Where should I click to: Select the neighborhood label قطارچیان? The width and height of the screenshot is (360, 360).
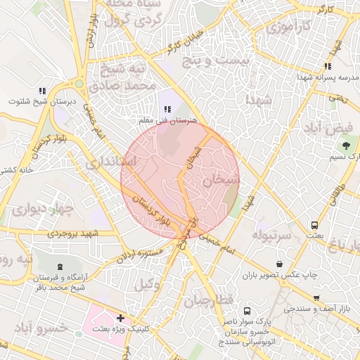[208, 301]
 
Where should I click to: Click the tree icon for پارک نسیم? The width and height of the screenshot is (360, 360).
[346, 146]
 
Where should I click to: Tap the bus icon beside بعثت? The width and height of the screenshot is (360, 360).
[314, 226]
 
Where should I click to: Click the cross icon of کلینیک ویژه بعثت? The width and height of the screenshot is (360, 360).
[121, 318]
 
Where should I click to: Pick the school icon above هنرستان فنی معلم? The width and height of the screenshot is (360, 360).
[167, 109]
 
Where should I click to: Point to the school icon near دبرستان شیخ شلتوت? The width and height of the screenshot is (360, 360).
[42, 91]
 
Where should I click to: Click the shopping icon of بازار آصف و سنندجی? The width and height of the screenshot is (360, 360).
[316, 298]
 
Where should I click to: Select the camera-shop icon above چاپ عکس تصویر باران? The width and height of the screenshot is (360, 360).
[280, 264]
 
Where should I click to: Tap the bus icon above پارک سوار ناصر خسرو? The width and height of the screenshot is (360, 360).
[247, 310]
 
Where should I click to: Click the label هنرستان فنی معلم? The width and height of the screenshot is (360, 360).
[167, 120]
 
